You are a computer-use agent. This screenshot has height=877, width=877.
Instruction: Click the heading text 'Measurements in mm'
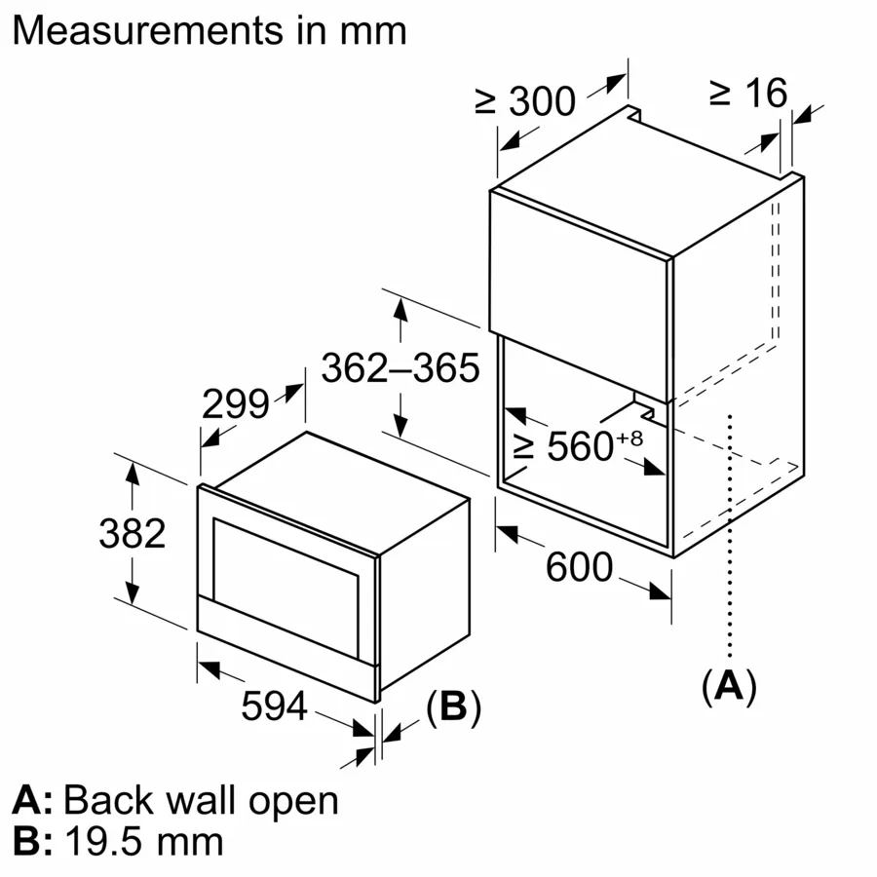(x=210, y=30)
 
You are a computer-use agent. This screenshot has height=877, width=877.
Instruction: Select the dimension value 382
(x=133, y=533)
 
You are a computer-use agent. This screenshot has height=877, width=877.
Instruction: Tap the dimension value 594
(x=275, y=706)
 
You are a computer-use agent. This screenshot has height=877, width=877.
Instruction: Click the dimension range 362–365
(x=400, y=368)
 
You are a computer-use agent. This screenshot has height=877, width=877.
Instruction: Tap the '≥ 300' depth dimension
(x=526, y=100)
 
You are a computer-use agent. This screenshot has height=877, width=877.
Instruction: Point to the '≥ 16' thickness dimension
(x=747, y=93)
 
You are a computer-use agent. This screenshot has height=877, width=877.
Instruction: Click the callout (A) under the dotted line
(x=728, y=687)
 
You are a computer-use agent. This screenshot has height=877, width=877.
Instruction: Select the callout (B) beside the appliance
(x=453, y=707)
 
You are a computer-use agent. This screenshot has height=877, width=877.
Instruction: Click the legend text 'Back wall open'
(x=201, y=800)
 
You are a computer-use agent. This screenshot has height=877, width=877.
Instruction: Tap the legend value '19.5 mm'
(x=143, y=841)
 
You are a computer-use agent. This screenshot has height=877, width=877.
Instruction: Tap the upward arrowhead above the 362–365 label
(x=400, y=311)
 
